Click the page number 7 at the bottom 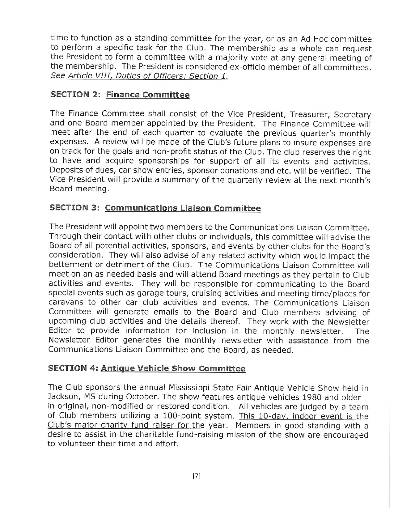(197, 476)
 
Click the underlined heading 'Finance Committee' (148, 95)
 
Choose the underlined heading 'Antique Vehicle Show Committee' (173, 368)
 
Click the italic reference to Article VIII (139, 76)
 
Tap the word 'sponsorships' (163, 161)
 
